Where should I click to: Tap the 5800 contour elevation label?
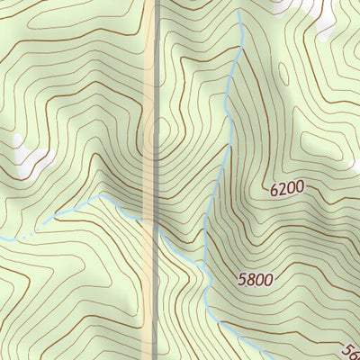(x=256, y=279)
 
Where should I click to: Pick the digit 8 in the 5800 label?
(x=249, y=279)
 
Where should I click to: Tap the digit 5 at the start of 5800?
(x=242, y=279)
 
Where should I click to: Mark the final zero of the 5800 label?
(x=267, y=279)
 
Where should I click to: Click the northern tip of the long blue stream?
(x=239, y=13)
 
